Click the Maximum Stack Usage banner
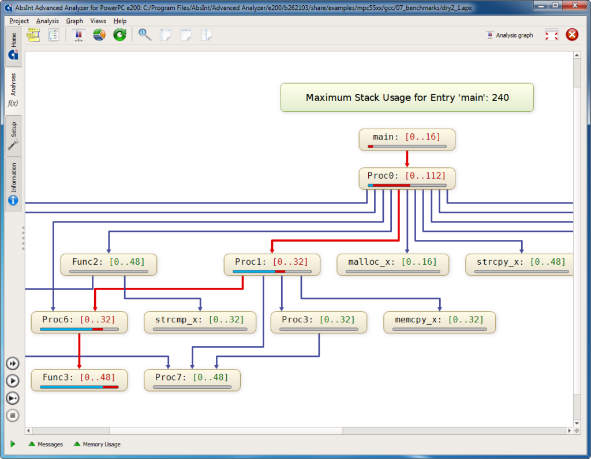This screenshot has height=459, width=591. pos(407,97)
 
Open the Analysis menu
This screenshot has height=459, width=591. pos(47,21)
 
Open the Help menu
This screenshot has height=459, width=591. pos(120,21)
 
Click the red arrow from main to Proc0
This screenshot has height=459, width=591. pos(407,159)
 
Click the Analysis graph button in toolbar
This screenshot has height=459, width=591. pos(510,35)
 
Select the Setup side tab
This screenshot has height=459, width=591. pos(13,136)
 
